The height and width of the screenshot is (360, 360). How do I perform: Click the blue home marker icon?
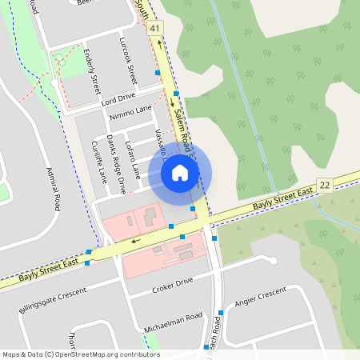[180, 172]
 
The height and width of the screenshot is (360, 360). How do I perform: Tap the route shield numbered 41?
[155, 28]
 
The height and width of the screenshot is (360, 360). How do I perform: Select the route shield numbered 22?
[324, 186]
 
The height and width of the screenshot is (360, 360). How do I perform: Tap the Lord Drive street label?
[118, 99]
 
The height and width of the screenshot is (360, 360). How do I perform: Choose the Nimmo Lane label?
[131, 110]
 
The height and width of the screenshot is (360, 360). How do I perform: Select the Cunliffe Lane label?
[98, 160]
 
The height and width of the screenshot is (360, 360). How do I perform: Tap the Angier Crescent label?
[261, 298]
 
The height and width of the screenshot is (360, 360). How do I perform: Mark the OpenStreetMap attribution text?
[81, 354]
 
